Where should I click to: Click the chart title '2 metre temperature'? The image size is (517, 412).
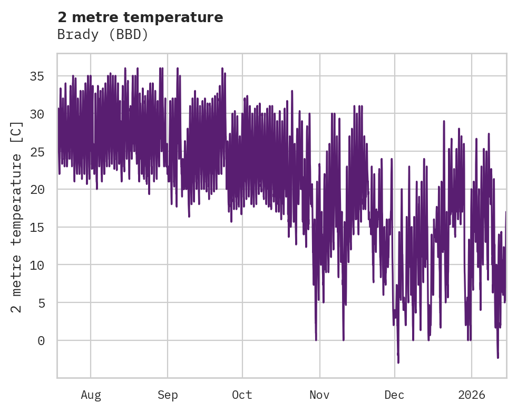140,17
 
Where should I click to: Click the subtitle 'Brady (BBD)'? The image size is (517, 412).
103,35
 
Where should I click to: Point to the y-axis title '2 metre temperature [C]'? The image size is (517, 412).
17,217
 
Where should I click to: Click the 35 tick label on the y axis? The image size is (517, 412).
36,76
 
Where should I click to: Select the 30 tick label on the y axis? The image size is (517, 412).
36,114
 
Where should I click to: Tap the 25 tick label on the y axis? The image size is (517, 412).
36,151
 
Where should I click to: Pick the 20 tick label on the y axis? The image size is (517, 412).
36,189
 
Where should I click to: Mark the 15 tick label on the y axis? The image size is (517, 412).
36,227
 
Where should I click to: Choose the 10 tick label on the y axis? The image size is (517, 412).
36,264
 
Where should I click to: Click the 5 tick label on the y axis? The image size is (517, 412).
40,302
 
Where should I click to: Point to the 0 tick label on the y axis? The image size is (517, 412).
40,340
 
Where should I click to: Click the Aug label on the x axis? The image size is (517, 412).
91,395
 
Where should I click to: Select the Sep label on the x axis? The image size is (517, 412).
168,395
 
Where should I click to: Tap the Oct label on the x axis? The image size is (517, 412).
242,395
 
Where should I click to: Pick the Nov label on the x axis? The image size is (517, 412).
319,395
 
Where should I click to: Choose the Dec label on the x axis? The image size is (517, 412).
394,395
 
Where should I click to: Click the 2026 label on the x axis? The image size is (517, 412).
471,395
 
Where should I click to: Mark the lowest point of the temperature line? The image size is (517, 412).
398,362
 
